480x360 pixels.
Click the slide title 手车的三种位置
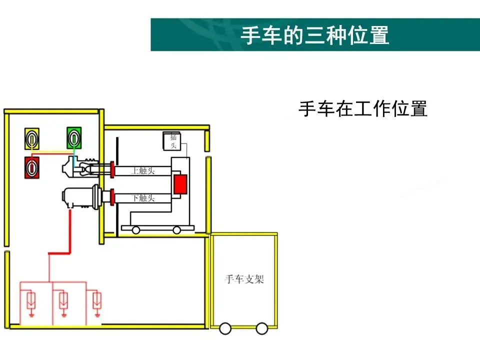click(314, 35)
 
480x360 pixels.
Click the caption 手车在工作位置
click(362, 108)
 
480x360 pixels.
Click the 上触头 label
click(143, 171)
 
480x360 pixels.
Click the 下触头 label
click(143, 197)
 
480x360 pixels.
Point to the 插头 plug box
click(173, 141)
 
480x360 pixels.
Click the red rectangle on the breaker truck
click(180, 184)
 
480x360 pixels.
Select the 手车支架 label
click(244, 279)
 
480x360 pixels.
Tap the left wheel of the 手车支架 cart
click(225, 328)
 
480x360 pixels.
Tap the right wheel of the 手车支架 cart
click(261, 328)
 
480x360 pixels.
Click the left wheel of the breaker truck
click(136, 230)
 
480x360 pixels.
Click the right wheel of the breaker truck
click(177, 230)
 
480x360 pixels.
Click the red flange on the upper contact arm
click(113, 170)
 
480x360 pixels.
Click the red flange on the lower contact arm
click(113, 196)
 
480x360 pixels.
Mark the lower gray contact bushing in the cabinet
click(80, 197)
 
